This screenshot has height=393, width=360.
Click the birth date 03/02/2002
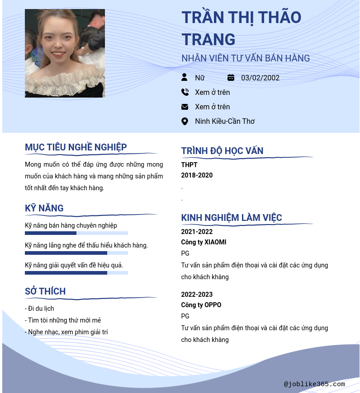(x=260, y=78)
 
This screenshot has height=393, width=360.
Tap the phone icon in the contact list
(x=185, y=92)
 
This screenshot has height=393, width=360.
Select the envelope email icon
(x=185, y=107)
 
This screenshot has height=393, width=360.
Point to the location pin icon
(x=185, y=121)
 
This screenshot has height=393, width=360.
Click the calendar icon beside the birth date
(x=231, y=78)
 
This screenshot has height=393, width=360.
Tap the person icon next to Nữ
(x=185, y=77)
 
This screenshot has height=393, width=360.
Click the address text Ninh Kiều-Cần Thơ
(x=225, y=121)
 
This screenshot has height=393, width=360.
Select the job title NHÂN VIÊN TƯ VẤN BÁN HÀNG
(x=246, y=58)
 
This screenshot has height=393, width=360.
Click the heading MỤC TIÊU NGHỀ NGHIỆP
(x=76, y=147)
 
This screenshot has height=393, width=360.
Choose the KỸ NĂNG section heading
(x=44, y=208)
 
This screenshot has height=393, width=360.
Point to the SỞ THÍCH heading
(x=45, y=291)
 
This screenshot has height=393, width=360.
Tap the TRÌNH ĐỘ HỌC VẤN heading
(x=222, y=151)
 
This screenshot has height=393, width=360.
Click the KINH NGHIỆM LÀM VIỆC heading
(x=232, y=218)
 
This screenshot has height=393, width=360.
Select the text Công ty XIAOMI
(x=204, y=242)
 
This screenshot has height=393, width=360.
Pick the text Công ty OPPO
(x=201, y=305)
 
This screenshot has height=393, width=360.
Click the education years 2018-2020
(x=197, y=175)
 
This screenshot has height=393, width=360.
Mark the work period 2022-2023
(x=197, y=295)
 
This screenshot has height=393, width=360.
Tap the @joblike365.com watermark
(x=314, y=384)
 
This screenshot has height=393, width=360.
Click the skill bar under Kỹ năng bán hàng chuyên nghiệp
(x=76, y=233)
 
